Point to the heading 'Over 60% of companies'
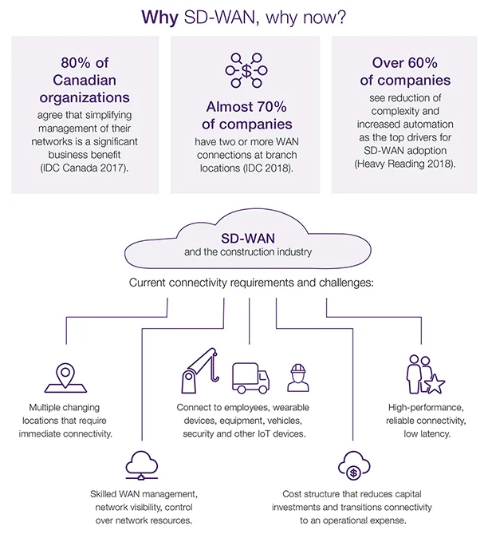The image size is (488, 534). [x=399, y=71]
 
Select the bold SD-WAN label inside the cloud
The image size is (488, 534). [x=245, y=239]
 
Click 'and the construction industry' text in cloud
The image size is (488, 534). [x=245, y=253]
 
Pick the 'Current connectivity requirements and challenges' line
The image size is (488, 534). [x=245, y=283]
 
